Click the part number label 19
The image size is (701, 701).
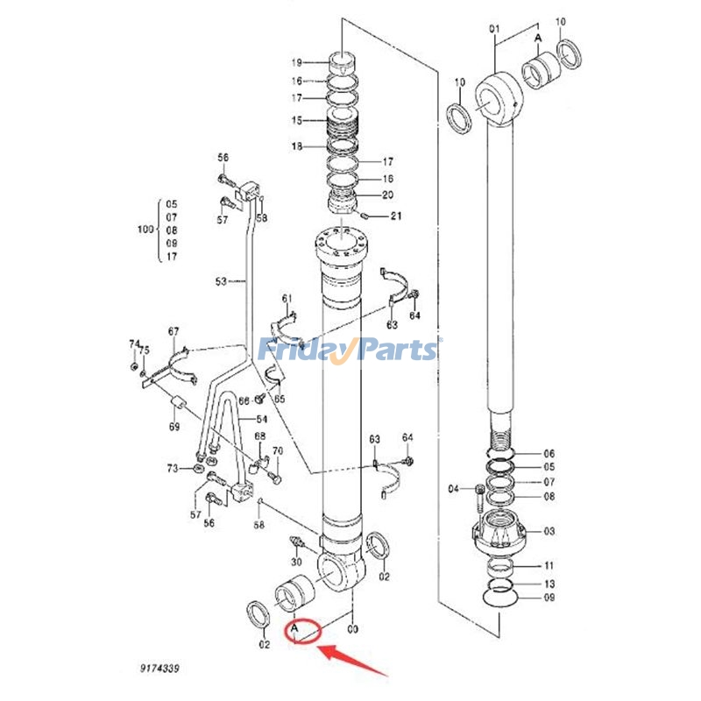coord(297,62)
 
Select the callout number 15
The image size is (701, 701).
coord(297,120)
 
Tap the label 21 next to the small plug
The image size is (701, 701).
coord(396,216)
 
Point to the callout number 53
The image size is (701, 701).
coord(221,281)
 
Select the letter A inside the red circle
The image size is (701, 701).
coord(295,627)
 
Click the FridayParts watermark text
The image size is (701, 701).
coord(349,349)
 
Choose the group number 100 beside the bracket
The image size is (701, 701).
coord(145,230)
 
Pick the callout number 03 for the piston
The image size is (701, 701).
coord(549,531)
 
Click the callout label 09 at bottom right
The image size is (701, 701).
coord(549,599)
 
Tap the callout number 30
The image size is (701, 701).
coord(296,562)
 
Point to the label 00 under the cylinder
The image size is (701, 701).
coord(353,629)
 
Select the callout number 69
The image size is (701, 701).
coord(174,427)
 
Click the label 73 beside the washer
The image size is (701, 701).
coord(173,470)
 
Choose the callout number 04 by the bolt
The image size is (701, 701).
coord(454,488)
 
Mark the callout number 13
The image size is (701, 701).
coord(549,583)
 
